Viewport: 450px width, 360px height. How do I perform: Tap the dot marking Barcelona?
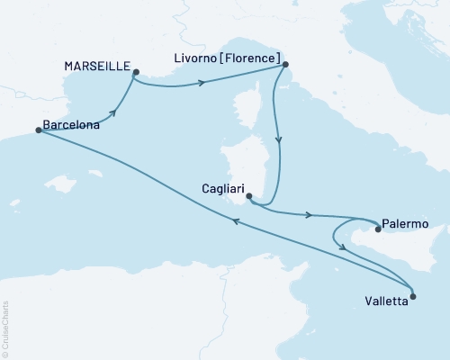pos(38,130)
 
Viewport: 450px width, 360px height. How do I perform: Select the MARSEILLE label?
pos(96,67)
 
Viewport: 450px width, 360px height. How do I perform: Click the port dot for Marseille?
pos(134,73)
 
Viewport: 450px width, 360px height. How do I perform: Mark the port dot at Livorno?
pos(284,64)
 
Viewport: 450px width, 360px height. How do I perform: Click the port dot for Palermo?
pos(378,229)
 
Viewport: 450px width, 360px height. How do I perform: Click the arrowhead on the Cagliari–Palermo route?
pos(310,215)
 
